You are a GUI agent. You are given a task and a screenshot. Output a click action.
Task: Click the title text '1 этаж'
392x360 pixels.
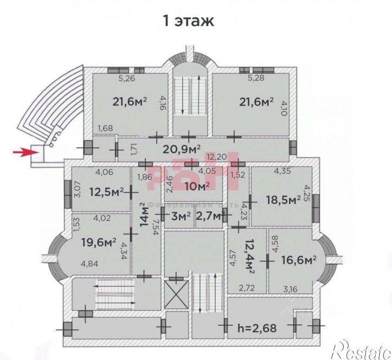pyautogui.click(x=189, y=21)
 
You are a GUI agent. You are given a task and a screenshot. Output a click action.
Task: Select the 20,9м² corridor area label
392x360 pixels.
pyautogui.click(x=181, y=148)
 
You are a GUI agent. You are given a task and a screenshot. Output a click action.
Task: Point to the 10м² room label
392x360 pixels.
pyautogui.click(x=196, y=187)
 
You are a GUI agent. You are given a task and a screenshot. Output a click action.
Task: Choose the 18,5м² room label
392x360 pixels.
pyautogui.click(x=283, y=200)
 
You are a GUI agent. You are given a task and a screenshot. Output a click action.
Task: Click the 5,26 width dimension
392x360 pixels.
pyautogui.click(x=127, y=78)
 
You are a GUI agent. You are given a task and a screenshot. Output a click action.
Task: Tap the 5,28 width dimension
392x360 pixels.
pyautogui.click(x=256, y=78)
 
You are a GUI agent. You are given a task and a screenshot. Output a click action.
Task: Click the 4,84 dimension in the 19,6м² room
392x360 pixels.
pyautogui.click(x=90, y=264)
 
